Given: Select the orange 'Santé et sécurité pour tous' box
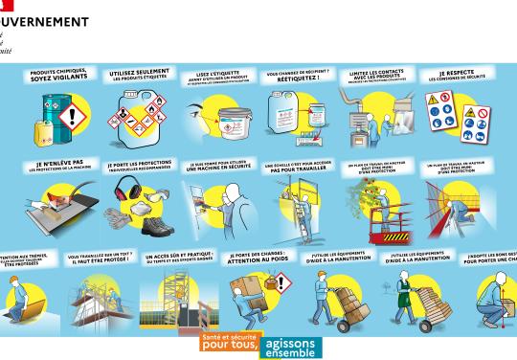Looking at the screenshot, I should tap(228, 342).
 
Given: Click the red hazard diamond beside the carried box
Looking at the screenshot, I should tap(283, 283).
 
